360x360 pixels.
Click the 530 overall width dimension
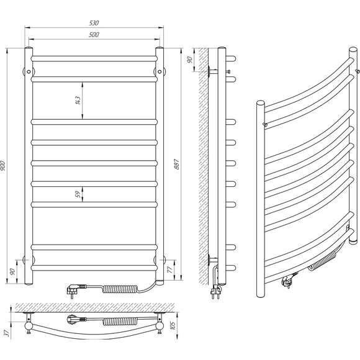point(94,23)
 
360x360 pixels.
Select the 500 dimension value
point(94,35)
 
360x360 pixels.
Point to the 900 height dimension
point(3,166)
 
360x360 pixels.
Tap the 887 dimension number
point(176,164)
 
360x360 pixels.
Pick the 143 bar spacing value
point(78,101)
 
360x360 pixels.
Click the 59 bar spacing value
point(78,194)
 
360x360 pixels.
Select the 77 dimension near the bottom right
point(169,270)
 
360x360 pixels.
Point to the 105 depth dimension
point(173,325)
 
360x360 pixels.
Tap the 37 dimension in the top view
point(7,333)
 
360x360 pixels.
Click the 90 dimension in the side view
point(190,60)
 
